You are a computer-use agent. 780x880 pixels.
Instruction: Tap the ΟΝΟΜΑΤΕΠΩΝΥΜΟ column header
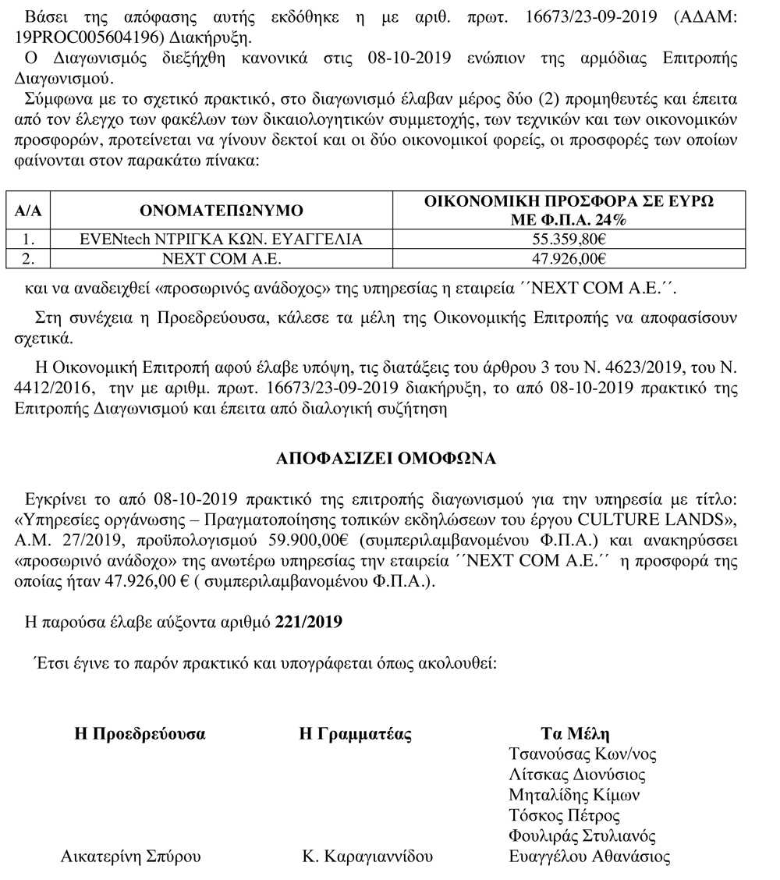click(222, 211)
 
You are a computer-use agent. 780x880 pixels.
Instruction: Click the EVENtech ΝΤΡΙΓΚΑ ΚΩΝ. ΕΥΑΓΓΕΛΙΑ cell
click(222, 240)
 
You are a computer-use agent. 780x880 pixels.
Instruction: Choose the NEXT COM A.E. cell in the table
click(222, 259)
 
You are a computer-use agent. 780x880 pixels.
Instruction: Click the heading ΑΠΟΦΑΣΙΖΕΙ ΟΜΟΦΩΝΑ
click(386, 459)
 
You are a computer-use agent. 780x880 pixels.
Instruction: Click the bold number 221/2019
click(309, 622)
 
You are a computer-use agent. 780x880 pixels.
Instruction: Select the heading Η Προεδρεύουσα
click(140, 734)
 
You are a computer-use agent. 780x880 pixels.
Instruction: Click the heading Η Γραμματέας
click(356, 734)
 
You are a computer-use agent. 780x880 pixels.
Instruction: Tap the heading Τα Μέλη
click(576, 734)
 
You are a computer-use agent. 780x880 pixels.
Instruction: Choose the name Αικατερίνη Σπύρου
click(131, 857)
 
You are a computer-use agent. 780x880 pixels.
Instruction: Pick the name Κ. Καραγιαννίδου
click(367, 857)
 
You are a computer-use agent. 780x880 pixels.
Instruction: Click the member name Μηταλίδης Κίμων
click(574, 795)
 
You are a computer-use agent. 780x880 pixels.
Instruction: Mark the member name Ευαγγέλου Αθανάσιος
click(589, 857)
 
